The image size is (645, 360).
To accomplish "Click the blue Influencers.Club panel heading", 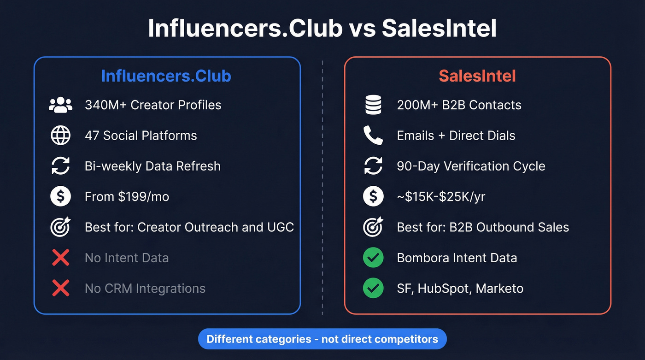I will tap(166, 76).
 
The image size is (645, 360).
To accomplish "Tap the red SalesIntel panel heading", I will tap(477, 76).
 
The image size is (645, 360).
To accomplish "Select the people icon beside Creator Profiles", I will tap(60, 105).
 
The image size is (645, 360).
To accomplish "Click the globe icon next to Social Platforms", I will tap(60, 136).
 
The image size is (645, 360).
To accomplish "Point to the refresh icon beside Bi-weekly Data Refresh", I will tap(60, 166).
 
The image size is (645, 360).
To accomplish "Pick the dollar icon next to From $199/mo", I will tap(60, 197).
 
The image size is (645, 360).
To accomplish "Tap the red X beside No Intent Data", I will tap(60, 258).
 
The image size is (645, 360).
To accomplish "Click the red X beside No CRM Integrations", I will tap(60, 289).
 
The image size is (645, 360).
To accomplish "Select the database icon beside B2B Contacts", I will tap(373, 105).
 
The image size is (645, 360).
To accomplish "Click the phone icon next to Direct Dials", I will tap(373, 136).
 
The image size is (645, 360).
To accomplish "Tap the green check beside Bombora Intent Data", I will tap(373, 258).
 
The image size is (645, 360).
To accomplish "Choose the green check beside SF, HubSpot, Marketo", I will tap(373, 289).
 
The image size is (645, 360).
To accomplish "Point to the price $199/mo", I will tap(143, 197).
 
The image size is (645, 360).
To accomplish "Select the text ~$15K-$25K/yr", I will tap(441, 197).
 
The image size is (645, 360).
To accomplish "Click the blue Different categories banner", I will tap(322, 339).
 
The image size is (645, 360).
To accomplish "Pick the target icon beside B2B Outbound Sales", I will tap(373, 227).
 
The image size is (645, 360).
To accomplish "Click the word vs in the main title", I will tap(362, 29).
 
